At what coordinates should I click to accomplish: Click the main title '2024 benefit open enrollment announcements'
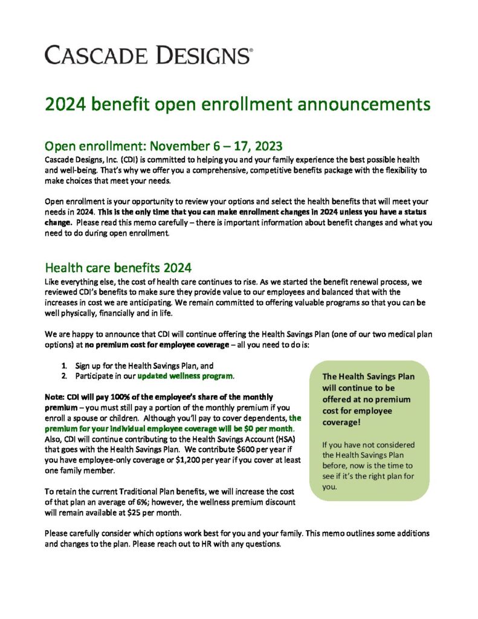[x=237, y=104]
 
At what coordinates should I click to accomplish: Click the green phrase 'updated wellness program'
[x=185, y=377]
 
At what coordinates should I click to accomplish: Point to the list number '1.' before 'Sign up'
[x=64, y=366]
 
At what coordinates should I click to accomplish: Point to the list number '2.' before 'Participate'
[x=64, y=377]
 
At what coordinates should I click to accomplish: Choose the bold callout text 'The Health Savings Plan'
[x=368, y=377]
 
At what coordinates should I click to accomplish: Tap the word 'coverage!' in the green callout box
[x=341, y=423]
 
